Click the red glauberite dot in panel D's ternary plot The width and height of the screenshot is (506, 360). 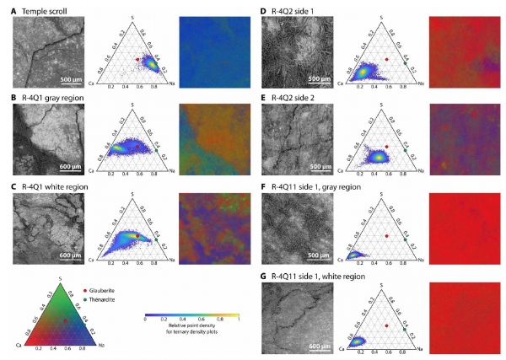386,60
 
